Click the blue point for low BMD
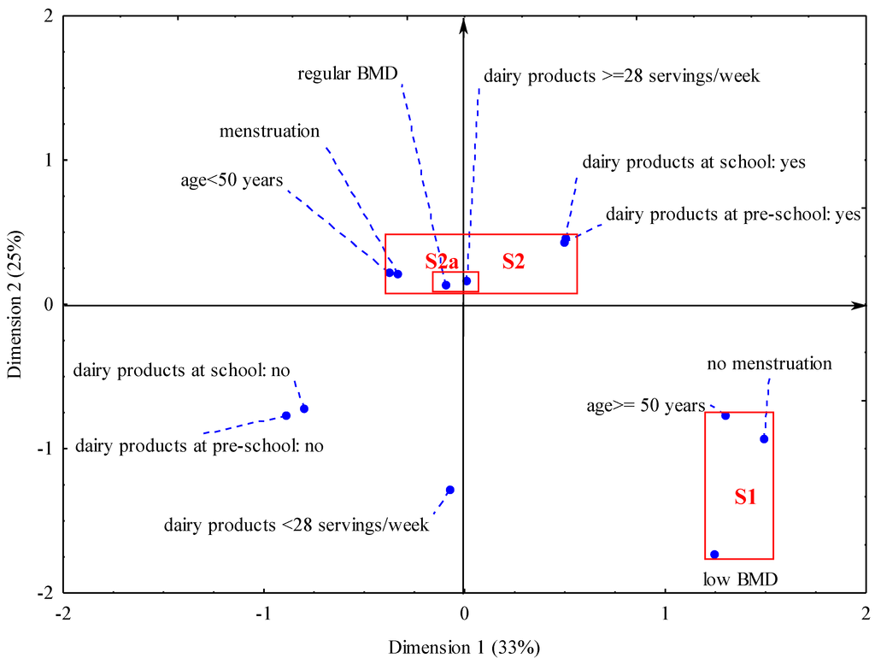pos(714,555)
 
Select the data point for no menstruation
pos(764,439)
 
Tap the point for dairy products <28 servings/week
pos(450,490)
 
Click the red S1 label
pos(745,497)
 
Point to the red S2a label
pos(442,261)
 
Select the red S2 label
pos(513,261)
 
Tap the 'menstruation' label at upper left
pos(269,132)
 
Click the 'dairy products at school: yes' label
pos(694,162)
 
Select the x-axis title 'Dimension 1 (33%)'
pos(464,645)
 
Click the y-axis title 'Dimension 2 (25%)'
pos(16,305)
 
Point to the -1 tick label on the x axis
pos(263,613)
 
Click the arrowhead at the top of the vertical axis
pos(463,24)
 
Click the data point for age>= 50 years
pos(725,415)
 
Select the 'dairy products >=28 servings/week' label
pos(621,76)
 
